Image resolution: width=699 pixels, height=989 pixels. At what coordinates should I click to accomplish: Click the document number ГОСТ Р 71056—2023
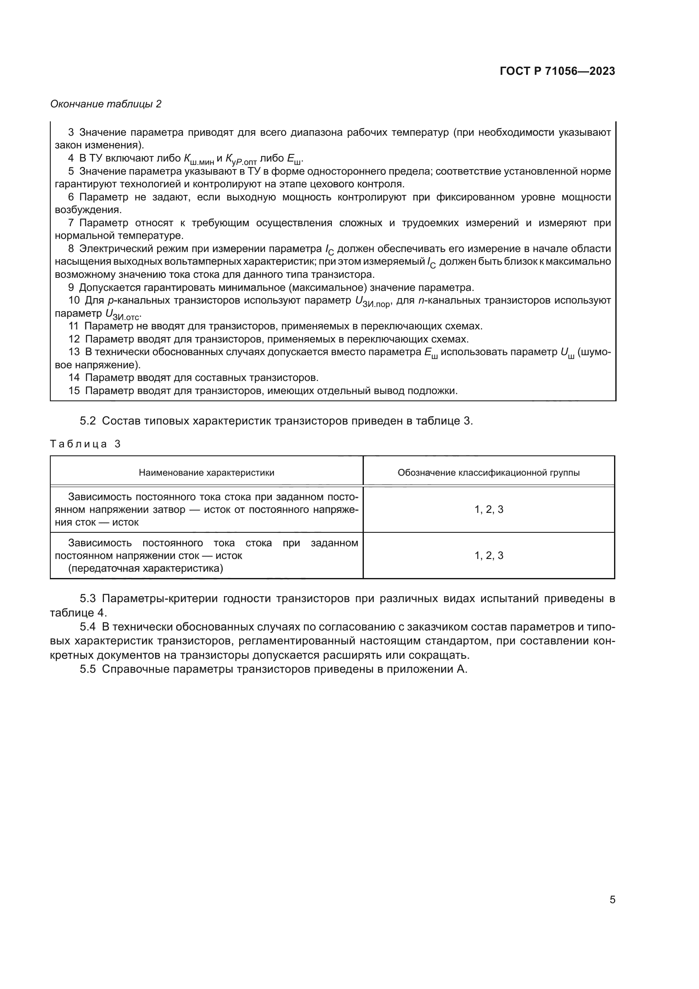click(x=557, y=71)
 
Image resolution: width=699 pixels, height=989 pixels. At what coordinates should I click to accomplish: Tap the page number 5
click(x=612, y=899)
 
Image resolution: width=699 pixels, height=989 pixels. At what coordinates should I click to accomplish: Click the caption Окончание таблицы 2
click(x=106, y=104)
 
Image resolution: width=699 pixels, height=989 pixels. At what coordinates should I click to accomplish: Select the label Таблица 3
click(x=85, y=444)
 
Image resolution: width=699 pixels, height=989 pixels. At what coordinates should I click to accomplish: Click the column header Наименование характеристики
click(x=206, y=473)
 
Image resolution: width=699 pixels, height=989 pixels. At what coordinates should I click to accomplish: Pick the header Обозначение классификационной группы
click(x=489, y=473)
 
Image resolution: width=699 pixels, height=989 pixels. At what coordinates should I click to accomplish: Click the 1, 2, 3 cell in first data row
click(x=489, y=509)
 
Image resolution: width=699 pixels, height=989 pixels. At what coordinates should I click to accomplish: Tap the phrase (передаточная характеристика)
click(x=145, y=568)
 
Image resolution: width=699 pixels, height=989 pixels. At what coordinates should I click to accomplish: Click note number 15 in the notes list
click(x=74, y=391)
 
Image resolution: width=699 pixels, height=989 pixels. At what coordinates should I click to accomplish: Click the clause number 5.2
click(x=87, y=421)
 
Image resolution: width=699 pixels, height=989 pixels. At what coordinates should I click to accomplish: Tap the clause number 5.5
click(x=87, y=669)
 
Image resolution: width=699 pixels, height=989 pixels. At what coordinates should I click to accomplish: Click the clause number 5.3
click(x=87, y=598)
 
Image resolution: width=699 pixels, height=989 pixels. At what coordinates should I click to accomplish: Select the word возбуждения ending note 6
click(x=88, y=210)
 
